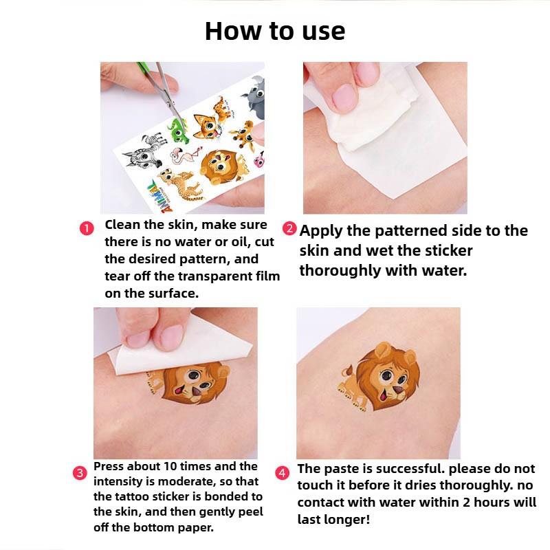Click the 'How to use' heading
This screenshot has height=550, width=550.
(x=275, y=31)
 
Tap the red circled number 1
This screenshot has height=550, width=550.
(x=87, y=229)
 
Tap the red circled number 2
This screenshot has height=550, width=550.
(x=290, y=229)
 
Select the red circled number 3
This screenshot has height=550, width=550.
(x=80, y=472)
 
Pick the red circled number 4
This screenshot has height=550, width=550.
(x=282, y=473)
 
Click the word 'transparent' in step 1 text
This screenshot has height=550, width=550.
(x=215, y=276)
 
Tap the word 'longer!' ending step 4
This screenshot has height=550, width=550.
(x=334, y=519)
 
